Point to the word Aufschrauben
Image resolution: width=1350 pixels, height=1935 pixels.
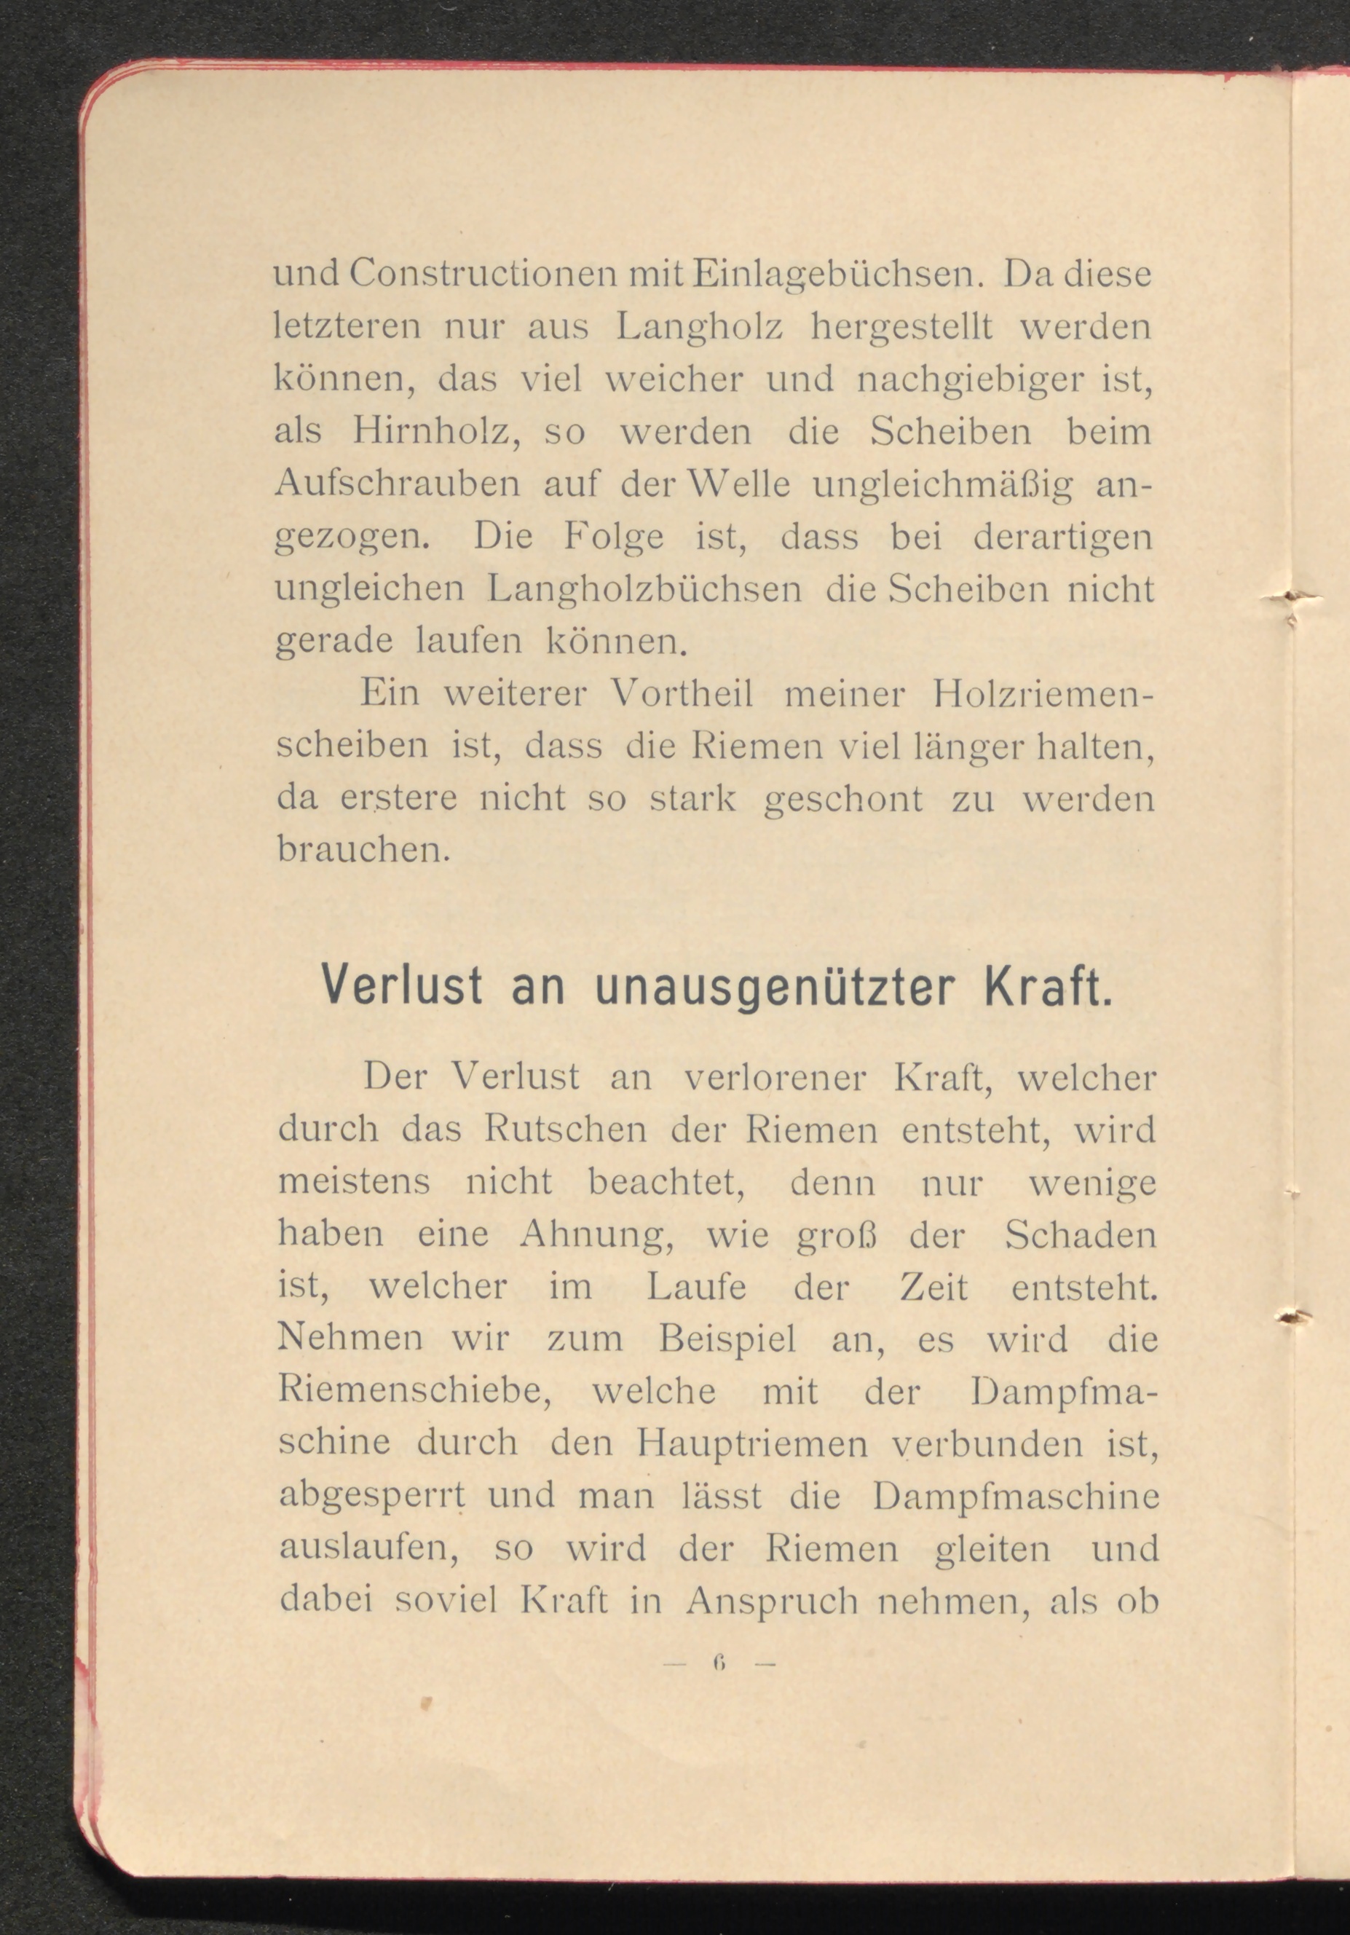pyautogui.click(x=398, y=486)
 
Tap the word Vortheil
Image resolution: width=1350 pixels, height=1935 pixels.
pyautogui.click(x=682, y=695)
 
